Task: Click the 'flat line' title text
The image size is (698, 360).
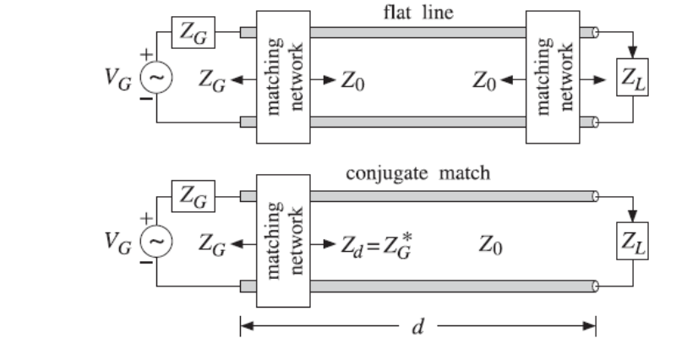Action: pos(418,12)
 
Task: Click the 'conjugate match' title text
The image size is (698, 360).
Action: pos(418,173)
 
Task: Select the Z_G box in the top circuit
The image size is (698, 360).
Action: pos(194,32)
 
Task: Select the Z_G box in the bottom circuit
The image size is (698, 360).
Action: pos(194,196)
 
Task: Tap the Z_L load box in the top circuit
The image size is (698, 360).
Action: pos(632,77)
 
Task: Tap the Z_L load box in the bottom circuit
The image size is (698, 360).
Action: pos(632,241)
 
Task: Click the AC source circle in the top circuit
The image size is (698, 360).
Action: pos(156,77)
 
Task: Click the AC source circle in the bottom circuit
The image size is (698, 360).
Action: pos(156,241)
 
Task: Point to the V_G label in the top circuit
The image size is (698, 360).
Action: pos(118,79)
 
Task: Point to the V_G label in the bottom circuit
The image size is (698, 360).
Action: pos(118,242)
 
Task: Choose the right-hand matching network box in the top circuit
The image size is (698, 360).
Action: pos(553,77)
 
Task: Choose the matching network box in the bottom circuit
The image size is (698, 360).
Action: pos(283,241)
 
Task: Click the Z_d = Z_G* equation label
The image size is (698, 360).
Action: pos(377,246)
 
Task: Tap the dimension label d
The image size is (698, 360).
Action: pos(417,327)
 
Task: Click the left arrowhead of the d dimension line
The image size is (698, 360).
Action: pos(247,326)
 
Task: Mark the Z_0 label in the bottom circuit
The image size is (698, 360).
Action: pos(491,245)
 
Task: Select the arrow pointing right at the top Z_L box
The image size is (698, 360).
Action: pos(593,80)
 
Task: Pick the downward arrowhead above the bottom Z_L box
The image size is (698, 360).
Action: pos(633,216)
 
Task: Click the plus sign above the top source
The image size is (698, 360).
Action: pos(146,55)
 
